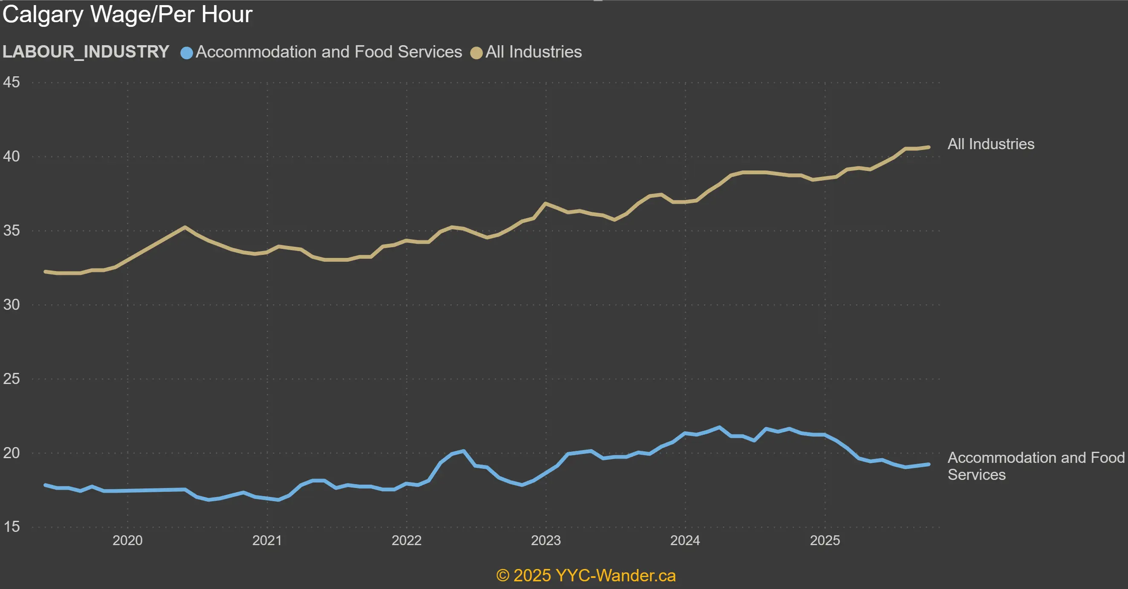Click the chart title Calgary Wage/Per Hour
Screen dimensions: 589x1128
click(127, 14)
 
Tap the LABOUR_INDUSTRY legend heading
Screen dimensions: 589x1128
click(86, 52)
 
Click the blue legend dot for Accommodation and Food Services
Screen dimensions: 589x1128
click(187, 53)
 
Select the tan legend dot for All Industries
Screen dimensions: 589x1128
click(476, 53)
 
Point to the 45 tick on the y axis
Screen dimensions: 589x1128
click(12, 82)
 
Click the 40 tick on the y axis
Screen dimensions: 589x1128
click(12, 156)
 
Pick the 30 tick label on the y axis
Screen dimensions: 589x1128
click(12, 305)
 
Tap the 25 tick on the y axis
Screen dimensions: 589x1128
click(12, 379)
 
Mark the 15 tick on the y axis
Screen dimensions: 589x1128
click(12, 527)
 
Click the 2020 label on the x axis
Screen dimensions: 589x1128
click(127, 540)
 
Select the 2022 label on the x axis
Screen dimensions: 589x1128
click(407, 540)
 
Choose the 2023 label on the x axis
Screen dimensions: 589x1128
click(545, 540)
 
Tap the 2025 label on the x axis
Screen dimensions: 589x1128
click(825, 540)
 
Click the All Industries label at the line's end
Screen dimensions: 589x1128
click(990, 144)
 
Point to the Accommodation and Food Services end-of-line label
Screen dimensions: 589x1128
click(1036, 466)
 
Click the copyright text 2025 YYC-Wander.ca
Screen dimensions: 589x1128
click(586, 575)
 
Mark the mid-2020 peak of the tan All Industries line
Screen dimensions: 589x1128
click(185, 227)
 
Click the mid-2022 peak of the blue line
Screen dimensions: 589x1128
click(463, 451)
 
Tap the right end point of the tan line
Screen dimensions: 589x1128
click(928, 147)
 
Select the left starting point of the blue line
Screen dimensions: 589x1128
click(46, 485)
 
